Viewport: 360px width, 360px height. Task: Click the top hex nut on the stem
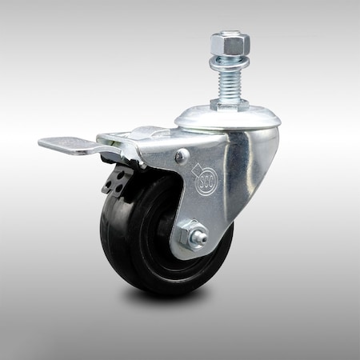(x=230, y=42)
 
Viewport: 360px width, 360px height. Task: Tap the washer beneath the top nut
(x=230, y=61)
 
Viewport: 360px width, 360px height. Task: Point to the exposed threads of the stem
(x=230, y=82)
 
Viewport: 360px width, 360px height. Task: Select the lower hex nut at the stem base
(x=230, y=104)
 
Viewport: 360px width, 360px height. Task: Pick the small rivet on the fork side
(x=182, y=155)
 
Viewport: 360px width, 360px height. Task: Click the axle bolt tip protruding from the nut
(x=202, y=238)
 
